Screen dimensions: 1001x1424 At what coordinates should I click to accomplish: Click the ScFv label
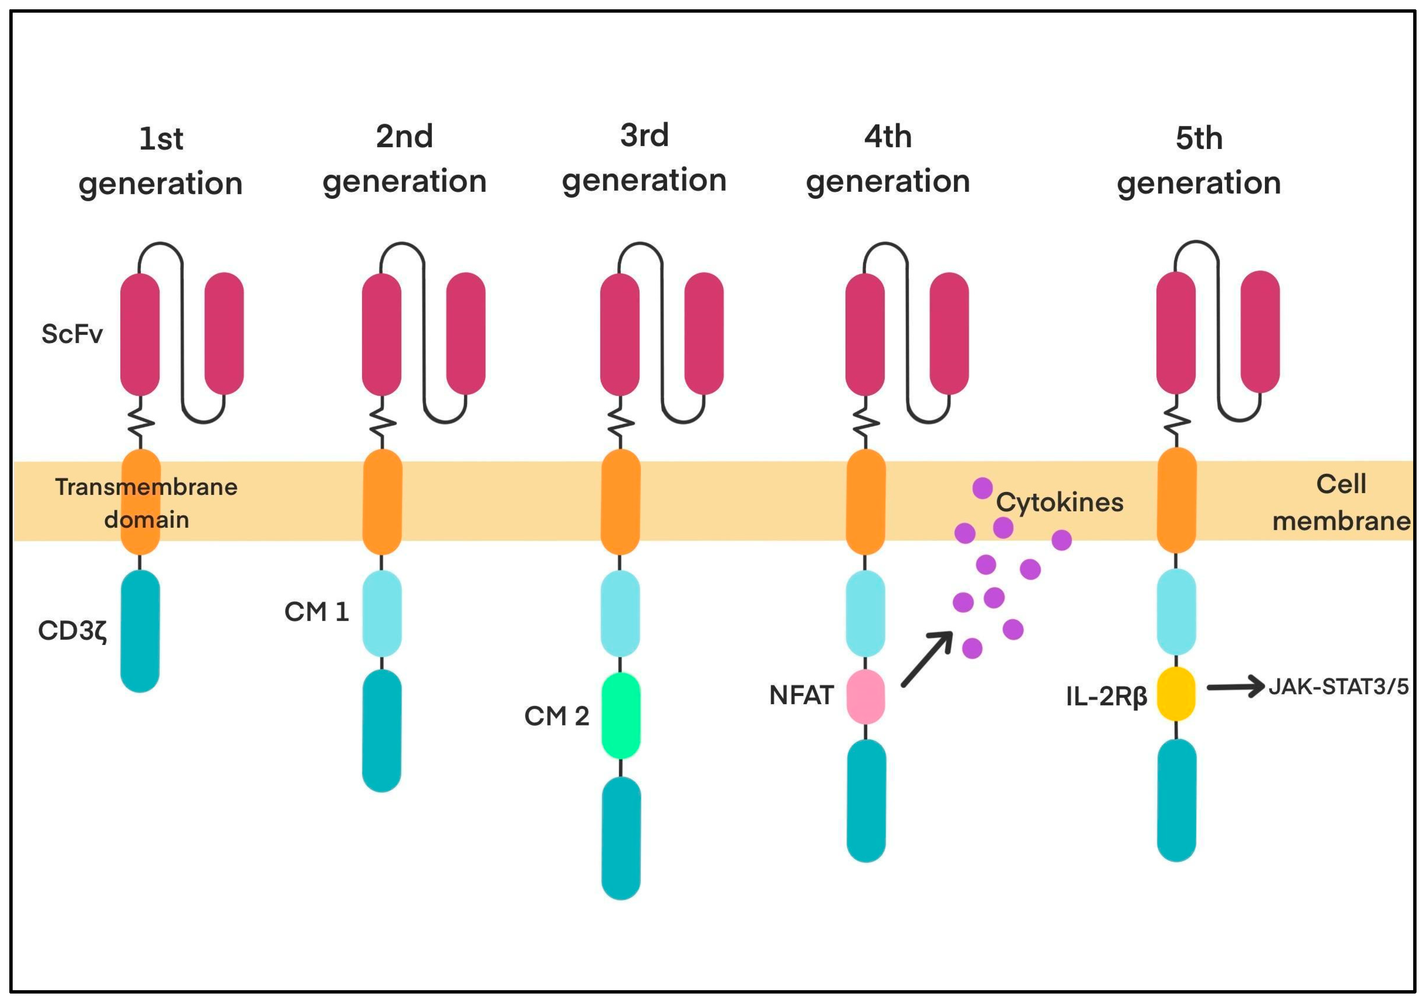click(x=72, y=334)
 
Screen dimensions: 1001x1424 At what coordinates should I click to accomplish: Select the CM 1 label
click(x=316, y=612)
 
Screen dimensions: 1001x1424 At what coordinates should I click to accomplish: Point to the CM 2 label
click(x=556, y=716)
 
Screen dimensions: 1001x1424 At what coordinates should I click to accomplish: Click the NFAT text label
click(x=801, y=695)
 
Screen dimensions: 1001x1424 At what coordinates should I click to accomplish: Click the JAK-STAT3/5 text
click(x=1338, y=687)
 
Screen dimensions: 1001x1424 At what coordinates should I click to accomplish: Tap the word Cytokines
click(x=1059, y=502)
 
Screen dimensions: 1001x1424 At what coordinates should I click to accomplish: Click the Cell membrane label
click(x=1341, y=502)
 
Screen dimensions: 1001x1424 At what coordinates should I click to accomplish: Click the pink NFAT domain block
click(x=866, y=696)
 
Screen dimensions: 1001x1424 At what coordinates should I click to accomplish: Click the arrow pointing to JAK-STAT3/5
click(x=1234, y=687)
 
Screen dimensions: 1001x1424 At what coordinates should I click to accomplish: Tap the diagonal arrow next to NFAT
click(x=927, y=659)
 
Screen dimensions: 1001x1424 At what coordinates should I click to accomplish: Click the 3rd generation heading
click(x=644, y=158)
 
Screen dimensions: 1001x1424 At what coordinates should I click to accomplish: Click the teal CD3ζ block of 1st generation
click(x=140, y=631)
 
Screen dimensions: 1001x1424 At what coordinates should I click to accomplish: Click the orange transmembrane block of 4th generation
click(x=866, y=502)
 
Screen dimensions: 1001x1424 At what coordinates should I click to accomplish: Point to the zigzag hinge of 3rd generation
click(x=620, y=423)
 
